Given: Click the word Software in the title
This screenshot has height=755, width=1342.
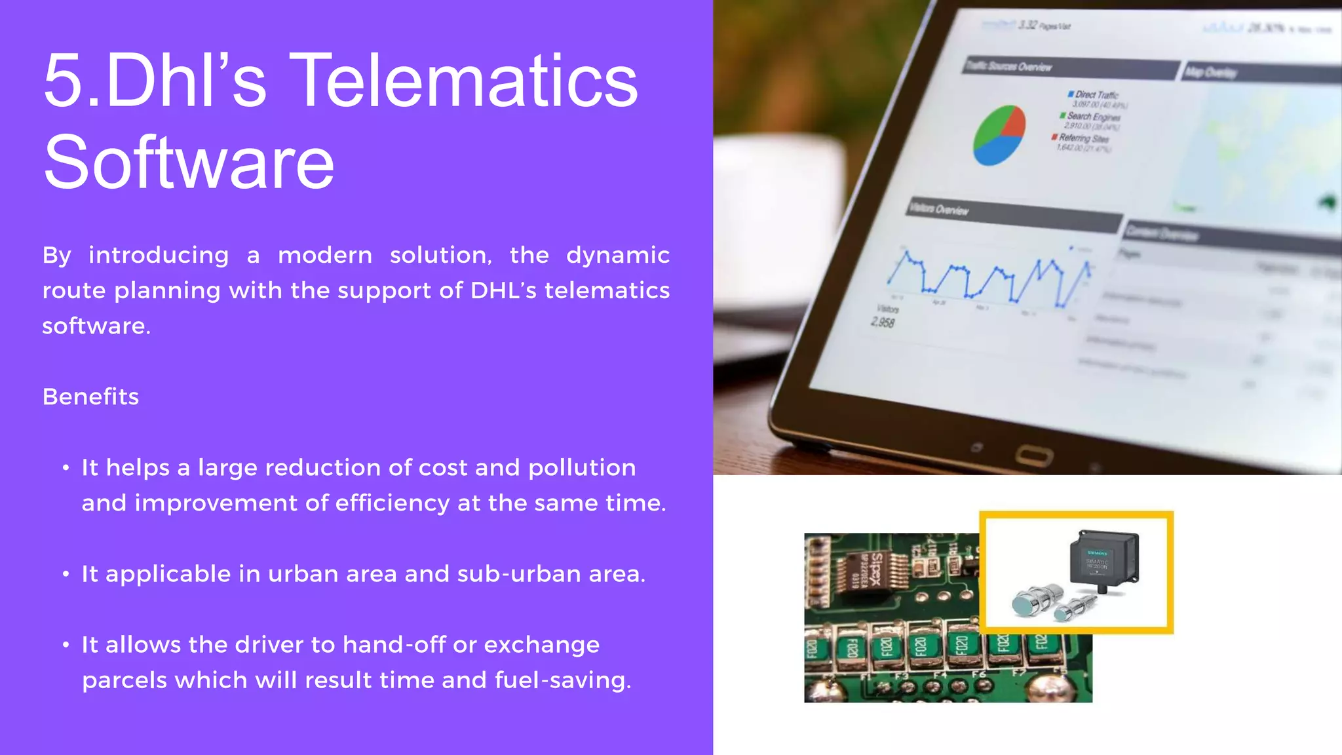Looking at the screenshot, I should pyautogui.click(x=189, y=163).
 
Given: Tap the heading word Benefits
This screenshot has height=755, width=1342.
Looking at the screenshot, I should pyautogui.click(x=90, y=397).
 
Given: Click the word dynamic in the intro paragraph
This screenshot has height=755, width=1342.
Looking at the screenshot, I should pyautogui.click(x=617, y=254).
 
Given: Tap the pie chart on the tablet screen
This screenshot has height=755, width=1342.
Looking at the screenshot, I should pyautogui.click(x=999, y=135).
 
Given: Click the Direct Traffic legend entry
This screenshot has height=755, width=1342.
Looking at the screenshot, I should pyautogui.click(x=1096, y=95).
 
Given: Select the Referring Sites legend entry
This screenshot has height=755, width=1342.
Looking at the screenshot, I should pyautogui.click(x=1083, y=138).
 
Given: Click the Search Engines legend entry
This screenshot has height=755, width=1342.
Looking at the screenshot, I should pyautogui.click(x=1092, y=117).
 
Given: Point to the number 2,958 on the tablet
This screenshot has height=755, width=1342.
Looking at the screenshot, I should pyautogui.click(x=883, y=322).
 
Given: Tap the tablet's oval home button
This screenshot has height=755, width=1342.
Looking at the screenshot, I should pyautogui.click(x=1035, y=455).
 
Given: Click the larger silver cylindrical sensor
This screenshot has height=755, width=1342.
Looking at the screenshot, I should pyautogui.click(x=1035, y=600).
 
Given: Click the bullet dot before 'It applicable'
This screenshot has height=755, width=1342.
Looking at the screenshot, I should pyautogui.click(x=66, y=574).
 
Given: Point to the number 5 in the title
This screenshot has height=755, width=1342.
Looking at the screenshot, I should pyautogui.click(x=64, y=81).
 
